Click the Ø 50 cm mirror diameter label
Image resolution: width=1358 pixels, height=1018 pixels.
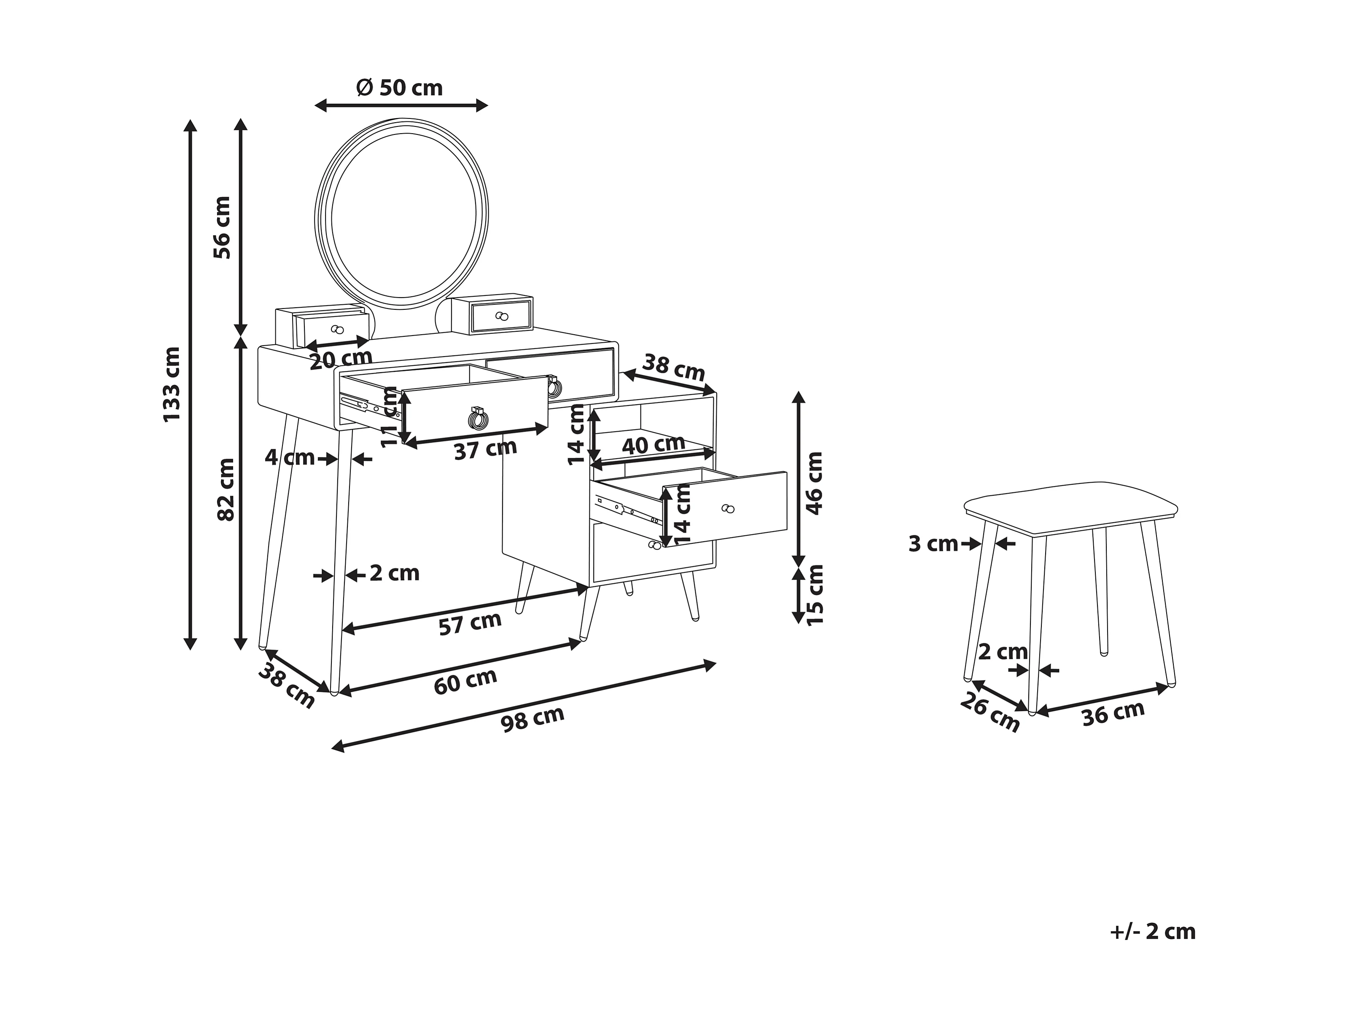400,88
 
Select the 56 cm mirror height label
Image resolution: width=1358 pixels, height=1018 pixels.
222,227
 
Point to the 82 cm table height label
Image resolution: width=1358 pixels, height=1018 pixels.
226,489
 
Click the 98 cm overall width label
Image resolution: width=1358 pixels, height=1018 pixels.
532,719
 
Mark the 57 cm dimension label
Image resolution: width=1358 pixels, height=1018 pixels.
470,624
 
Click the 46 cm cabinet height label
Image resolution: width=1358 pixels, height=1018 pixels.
814,483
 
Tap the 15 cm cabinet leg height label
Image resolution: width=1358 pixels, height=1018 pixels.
814,596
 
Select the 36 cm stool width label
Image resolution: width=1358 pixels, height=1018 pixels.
1113,714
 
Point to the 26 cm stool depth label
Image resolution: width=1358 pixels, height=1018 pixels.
990,712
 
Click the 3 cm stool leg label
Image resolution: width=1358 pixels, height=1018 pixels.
933,543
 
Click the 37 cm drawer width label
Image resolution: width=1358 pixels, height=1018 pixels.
485,449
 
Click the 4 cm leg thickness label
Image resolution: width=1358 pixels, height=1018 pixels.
290,457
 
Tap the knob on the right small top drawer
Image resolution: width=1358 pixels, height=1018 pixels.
502,316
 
